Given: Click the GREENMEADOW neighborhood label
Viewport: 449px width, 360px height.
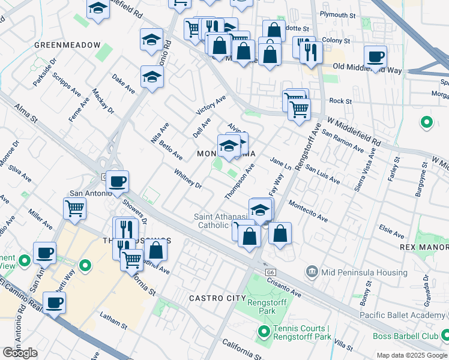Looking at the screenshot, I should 67,45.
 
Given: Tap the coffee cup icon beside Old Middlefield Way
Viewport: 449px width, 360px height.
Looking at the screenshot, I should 375,58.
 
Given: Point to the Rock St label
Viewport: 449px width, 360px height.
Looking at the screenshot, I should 340,101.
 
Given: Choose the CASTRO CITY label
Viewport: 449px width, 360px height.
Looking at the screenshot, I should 217,298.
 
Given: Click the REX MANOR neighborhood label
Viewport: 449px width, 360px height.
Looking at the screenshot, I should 424,247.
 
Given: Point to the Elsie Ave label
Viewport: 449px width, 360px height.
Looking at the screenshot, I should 391,229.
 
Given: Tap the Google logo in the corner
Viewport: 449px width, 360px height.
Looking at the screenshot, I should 20,353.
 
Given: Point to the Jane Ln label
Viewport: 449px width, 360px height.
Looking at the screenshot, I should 280,164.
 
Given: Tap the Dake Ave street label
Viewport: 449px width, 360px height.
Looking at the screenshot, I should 124,84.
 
